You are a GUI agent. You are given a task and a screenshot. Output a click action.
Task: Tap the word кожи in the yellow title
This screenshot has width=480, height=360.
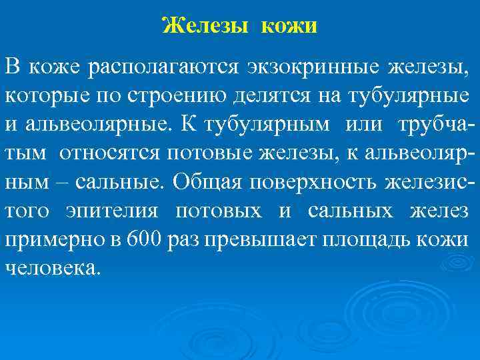(x=290, y=26)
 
